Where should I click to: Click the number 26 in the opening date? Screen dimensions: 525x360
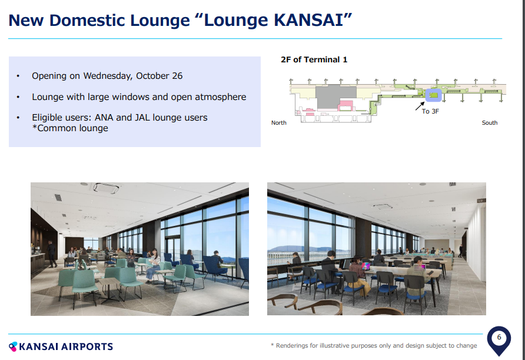(x=177, y=76)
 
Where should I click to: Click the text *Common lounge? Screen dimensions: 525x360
(x=70, y=128)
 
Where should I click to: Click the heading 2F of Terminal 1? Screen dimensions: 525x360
(x=314, y=59)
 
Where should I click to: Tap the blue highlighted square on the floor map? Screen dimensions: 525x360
(x=434, y=95)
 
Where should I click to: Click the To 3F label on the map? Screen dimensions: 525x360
(x=430, y=111)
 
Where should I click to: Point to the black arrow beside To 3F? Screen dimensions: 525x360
(x=420, y=106)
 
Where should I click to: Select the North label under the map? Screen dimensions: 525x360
(x=279, y=123)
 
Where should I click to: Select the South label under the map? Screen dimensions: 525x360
(x=490, y=123)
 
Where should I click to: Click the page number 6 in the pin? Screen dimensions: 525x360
(x=499, y=337)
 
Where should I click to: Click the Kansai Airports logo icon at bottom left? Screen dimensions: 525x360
(x=13, y=346)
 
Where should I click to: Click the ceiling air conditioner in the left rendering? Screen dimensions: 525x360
(x=106, y=188)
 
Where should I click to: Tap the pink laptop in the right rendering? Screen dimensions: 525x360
(x=365, y=266)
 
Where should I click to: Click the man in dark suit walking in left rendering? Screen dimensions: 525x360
(x=52, y=254)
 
